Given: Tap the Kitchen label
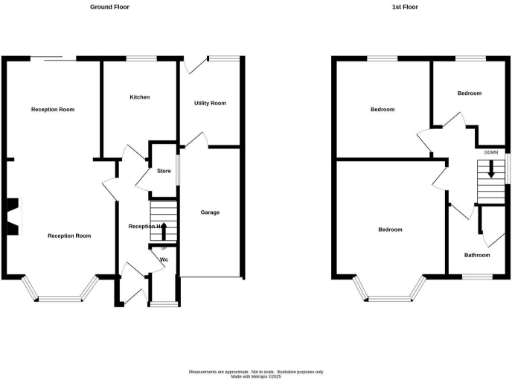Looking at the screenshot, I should click(x=140, y=97).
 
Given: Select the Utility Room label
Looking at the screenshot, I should click(x=209, y=103).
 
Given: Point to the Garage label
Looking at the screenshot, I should click(x=210, y=212).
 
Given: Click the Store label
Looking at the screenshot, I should click(x=165, y=172).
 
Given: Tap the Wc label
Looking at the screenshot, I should click(x=163, y=261).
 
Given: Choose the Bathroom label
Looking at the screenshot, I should click(x=477, y=254).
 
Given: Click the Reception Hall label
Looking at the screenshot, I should click(x=146, y=227).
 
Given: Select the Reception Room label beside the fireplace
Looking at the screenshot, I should click(x=70, y=236).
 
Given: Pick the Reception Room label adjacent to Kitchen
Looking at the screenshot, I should click(x=53, y=109).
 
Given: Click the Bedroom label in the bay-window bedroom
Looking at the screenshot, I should click(x=390, y=230).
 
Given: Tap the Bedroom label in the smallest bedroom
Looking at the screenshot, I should click(x=470, y=92).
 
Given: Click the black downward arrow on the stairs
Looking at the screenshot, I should click(x=490, y=169).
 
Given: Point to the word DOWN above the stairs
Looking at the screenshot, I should click(x=490, y=153).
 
